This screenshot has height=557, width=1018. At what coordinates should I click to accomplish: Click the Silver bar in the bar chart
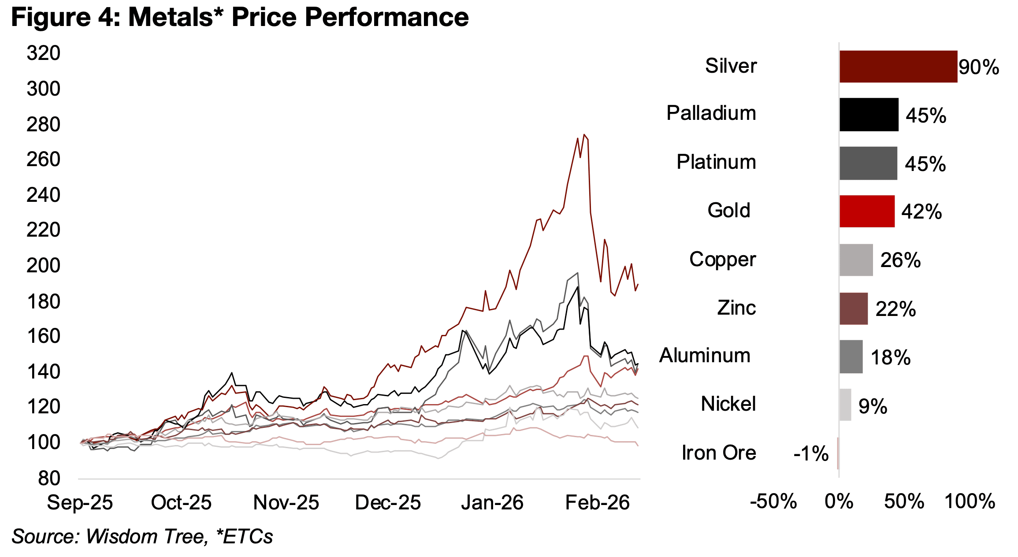coord(898,67)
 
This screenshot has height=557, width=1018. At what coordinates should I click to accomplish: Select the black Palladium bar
coord(869,115)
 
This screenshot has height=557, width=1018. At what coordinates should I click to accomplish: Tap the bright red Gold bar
coord(866,212)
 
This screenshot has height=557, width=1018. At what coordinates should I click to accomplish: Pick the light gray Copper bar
coord(856,260)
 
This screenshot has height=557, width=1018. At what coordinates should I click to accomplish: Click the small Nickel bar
coord(845,405)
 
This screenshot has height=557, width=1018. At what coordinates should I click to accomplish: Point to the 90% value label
coord(978,67)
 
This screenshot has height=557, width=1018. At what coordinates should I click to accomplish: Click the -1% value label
coord(811,453)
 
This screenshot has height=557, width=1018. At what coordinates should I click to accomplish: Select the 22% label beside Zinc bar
coord(895,309)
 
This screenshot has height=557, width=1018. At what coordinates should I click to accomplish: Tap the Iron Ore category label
coord(719,453)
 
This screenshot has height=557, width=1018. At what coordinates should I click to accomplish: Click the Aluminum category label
coord(705,356)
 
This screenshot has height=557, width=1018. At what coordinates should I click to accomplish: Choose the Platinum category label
coord(716,162)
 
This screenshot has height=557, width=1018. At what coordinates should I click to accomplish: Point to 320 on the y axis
coord(43,53)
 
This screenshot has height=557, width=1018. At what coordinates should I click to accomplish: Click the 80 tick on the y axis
coord(49,478)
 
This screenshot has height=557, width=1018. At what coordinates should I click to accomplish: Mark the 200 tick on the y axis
coord(43,266)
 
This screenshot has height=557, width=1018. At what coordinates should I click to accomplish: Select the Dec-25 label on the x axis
coord(388,503)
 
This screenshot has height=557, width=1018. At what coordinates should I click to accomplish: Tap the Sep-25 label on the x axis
coord(80,503)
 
